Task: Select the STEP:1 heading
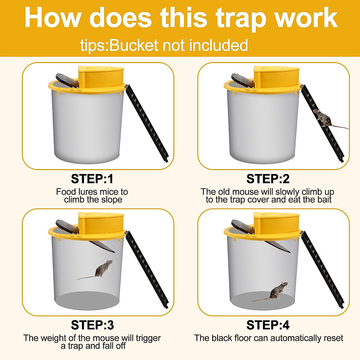(92, 179)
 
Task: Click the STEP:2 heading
(268, 179)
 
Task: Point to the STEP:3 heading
(92, 325)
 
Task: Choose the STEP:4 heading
(268, 325)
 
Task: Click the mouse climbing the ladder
(322, 118)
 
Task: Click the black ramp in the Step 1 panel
(147, 123)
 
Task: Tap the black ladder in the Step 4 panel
(322, 270)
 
